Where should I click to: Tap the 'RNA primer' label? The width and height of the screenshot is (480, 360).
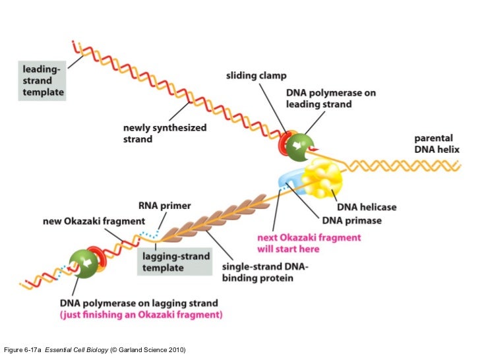164,206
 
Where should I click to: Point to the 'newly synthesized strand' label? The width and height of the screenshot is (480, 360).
165,133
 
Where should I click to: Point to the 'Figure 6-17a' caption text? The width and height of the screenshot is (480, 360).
24,348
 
